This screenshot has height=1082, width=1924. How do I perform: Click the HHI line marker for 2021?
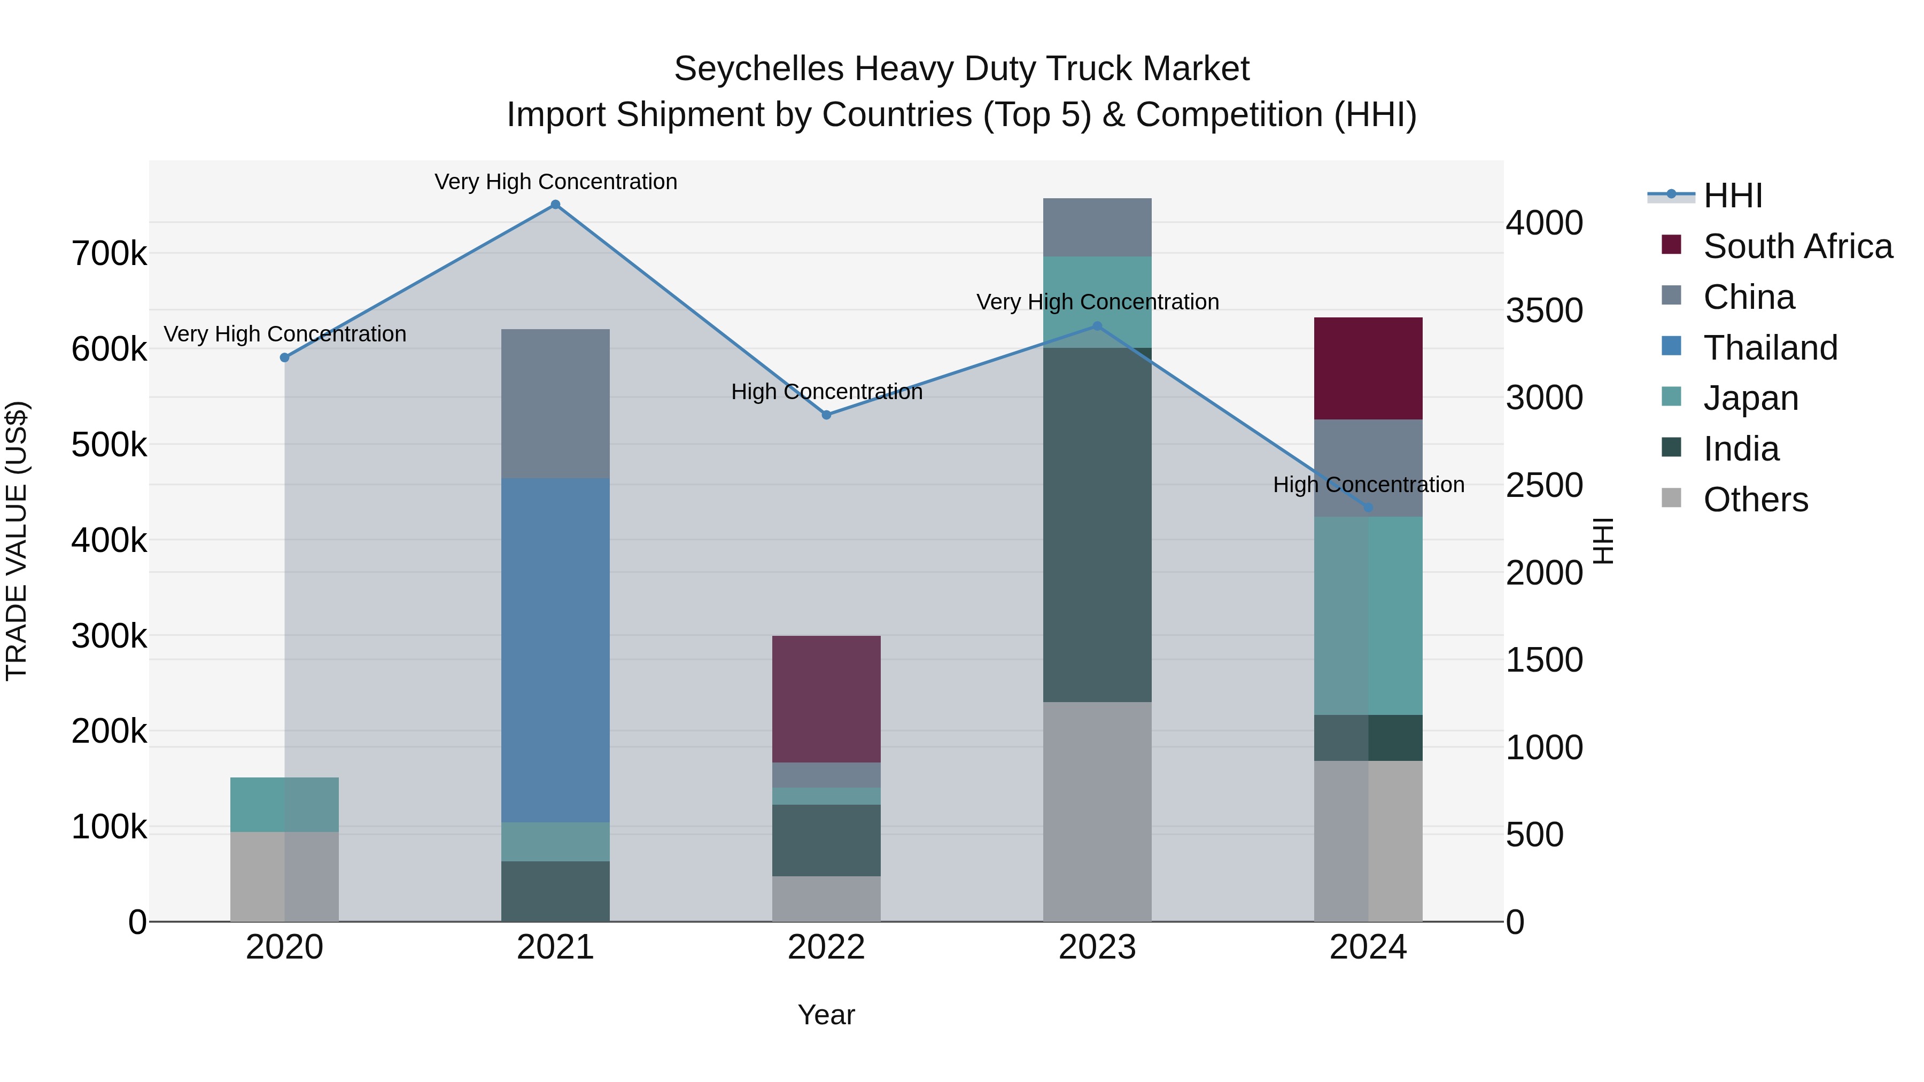(x=555, y=205)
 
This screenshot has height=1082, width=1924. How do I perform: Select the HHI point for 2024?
(x=1368, y=508)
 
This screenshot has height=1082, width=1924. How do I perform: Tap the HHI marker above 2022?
(x=826, y=415)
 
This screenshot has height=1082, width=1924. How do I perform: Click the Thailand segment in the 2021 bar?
(x=555, y=650)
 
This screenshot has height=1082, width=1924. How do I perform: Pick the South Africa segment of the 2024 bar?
(x=1368, y=368)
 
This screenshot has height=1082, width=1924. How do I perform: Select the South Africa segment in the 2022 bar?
(x=826, y=698)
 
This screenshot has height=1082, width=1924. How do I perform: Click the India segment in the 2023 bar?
(x=1097, y=524)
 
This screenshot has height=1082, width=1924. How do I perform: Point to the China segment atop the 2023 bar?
(x=1097, y=227)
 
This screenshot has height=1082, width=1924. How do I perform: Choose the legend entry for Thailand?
(x=1770, y=348)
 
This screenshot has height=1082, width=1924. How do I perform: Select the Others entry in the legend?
(x=1755, y=500)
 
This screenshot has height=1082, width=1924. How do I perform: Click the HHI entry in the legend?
(x=1732, y=196)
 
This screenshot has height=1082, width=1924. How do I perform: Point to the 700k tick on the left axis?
(x=109, y=254)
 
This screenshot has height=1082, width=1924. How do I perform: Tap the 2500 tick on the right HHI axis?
(x=1543, y=485)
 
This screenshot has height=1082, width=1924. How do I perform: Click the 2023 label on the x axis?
(x=1097, y=947)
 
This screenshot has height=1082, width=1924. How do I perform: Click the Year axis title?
(x=826, y=1015)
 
